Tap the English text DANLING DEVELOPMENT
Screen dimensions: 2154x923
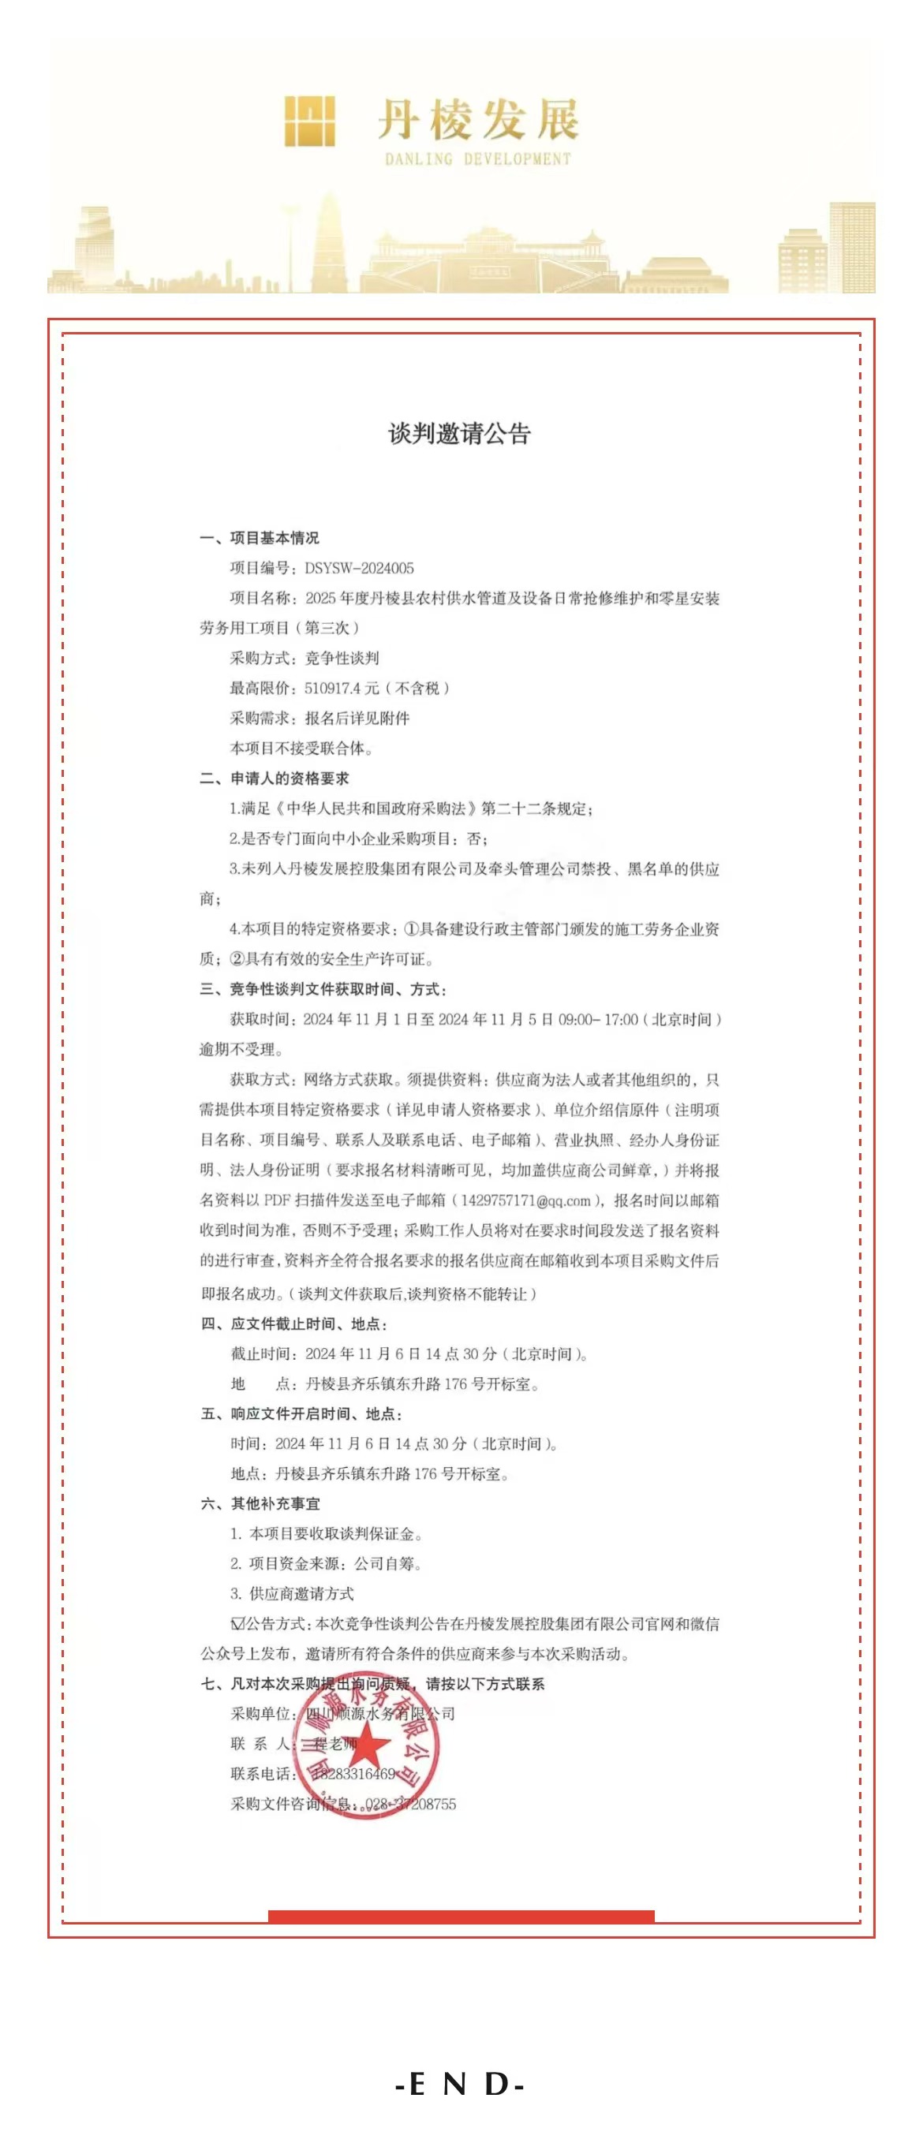point(477,159)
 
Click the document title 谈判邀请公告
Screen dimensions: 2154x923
point(460,433)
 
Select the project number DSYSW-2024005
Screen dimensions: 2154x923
point(360,569)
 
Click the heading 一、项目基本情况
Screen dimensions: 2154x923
point(260,538)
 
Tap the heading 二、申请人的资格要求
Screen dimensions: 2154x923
point(275,778)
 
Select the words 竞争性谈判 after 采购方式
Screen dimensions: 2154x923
point(342,658)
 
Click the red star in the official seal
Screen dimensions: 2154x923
point(368,1747)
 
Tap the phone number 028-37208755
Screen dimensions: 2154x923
point(410,1804)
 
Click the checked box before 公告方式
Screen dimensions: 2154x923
point(237,1624)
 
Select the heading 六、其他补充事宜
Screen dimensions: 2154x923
point(260,1503)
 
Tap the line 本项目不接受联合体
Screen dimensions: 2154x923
point(301,748)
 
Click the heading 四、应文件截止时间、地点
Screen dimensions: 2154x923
point(293,1323)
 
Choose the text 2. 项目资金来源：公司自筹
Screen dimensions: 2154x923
point(326,1564)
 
